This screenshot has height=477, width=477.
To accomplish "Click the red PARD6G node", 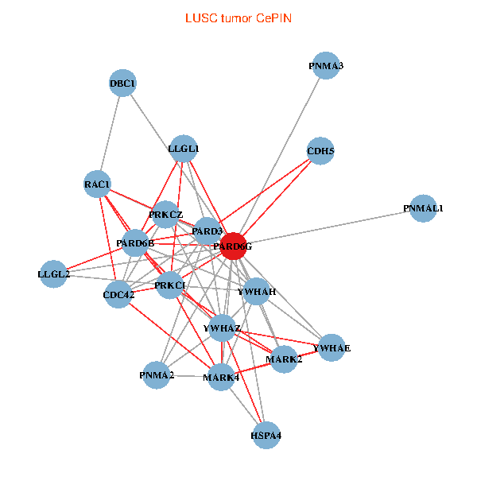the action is pyautogui.click(x=233, y=246).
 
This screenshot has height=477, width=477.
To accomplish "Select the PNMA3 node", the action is pyautogui.click(x=327, y=66).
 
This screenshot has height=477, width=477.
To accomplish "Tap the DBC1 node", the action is pyautogui.click(x=122, y=83).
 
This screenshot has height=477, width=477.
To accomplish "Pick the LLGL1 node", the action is pyautogui.click(x=184, y=148).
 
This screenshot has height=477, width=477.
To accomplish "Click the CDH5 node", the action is pyautogui.click(x=320, y=151).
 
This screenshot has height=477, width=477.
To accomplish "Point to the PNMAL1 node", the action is pyautogui.click(x=423, y=208).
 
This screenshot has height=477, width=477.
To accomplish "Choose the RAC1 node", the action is pyautogui.click(x=98, y=184).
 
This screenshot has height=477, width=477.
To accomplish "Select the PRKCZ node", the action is pyautogui.click(x=165, y=215).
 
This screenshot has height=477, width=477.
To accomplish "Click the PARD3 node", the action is pyautogui.click(x=207, y=231).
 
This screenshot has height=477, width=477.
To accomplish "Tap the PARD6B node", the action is pyautogui.click(x=135, y=242).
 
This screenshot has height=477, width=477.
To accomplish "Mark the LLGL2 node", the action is pyautogui.click(x=53, y=274).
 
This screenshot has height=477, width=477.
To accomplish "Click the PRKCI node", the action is pyautogui.click(x=170, y=285).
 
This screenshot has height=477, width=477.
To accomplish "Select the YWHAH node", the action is pyautogui.click(x=258, y=292).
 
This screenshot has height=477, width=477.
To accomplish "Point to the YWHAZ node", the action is pyautogui.click(x=222, y=328).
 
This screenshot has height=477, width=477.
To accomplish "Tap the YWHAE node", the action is pyautogui.click(x=332, y=348).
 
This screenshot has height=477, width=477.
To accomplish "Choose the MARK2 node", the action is pyautogui.click(x=284, y=359).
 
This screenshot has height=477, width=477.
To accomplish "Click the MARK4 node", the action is pyautogui.click(x=220, y=377).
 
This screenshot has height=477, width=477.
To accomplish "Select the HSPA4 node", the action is pyautogui.click(x=266, y=436).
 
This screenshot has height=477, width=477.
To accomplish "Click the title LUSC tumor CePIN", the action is pyautogui.click(x=238, y=17).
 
